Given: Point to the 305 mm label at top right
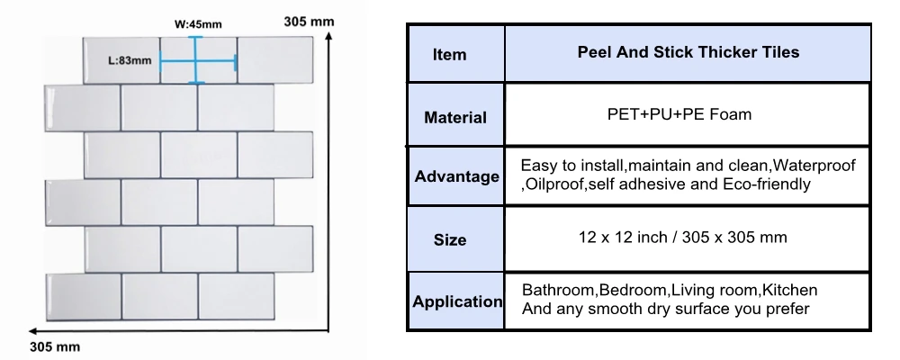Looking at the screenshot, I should pos(309,21).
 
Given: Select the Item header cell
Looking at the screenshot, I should pos(450,55).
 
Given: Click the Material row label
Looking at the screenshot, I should pos(455,117).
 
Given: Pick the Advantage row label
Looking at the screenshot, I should pos(456,176).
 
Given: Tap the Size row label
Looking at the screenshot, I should pos(450,240).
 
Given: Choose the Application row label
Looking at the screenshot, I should pos(457,301).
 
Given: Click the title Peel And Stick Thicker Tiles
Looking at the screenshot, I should pos(688,53).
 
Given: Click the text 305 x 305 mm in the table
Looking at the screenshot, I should pos(738,238).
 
